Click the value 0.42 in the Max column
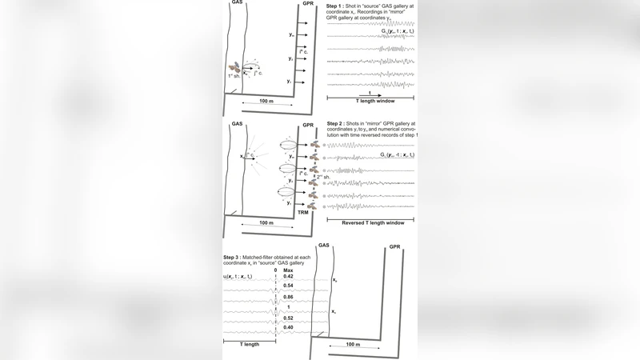288,276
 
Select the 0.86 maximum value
288,296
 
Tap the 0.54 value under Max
288,286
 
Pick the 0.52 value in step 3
288,318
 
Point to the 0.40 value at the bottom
288,327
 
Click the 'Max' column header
288,270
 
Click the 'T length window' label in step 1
370,103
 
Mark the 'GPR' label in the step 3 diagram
394,246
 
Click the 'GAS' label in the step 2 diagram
237,125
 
